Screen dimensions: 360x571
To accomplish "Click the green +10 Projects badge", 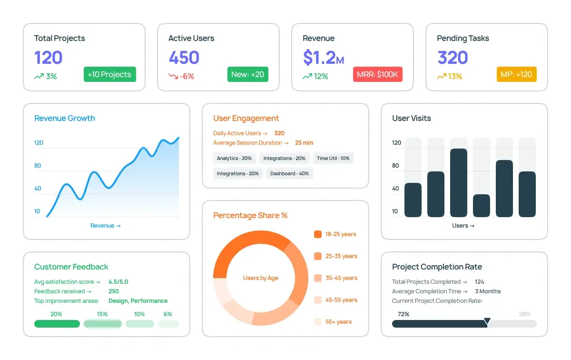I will click(x=110, y=74).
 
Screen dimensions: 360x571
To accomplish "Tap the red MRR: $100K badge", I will click(x=377, y=74).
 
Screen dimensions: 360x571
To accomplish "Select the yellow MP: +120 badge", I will click(x=516, y=74).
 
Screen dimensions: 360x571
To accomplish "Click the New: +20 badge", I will click(x=247, y=74).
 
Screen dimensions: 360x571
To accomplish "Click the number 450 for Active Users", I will click(x=184, y=58).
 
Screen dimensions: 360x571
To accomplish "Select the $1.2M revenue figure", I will click(x=323, y=58).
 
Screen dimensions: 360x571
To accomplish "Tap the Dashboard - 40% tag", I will click(x=289, y=174).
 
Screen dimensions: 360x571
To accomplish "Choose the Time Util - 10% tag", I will click(x=333, y=159).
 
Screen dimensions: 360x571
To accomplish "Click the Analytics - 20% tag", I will click(x=234, y=159).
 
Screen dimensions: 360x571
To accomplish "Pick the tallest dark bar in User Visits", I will click(x=458, y=183).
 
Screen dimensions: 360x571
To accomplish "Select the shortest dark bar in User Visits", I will click(x=481, y=206).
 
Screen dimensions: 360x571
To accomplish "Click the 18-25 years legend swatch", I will click(x=318, y=234).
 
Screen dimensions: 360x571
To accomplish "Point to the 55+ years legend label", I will click(x=338, y=322).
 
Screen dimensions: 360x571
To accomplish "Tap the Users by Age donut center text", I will click(x=260, y=278).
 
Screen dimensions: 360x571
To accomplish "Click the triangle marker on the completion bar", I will click(x=487, y=321).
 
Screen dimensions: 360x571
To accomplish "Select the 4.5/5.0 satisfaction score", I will click(x=118, y=282).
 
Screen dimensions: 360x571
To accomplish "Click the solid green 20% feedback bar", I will click(x=57, y=324).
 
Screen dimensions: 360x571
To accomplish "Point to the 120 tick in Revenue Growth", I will click(x=39, y=143).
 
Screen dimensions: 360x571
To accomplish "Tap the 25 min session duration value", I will click(x=304, y=143).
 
